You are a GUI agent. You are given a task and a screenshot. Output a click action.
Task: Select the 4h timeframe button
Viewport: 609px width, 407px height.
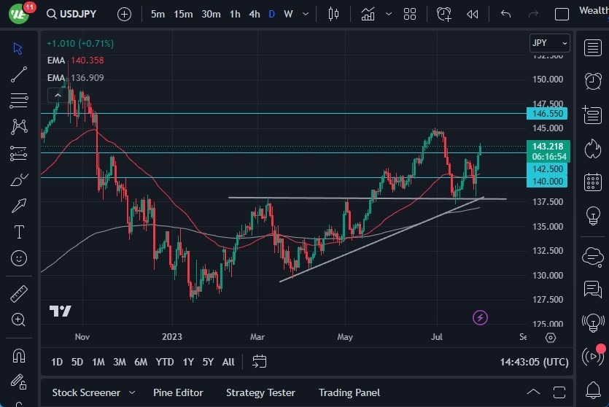pyautogui.click(x=254, y=14)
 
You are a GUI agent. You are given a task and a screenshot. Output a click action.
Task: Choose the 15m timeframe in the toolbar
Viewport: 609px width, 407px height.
pyautogui.click(x=183, y=14)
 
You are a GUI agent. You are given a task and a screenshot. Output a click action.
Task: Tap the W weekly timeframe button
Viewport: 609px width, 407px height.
pyautogui.click(x=288, y=14)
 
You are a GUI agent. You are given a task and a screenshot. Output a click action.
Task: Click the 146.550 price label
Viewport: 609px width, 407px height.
pyautogui.click(x=547, y=114)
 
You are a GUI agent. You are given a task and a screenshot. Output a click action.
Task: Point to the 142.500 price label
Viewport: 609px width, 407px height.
pyautogui.click(x=547, y=168)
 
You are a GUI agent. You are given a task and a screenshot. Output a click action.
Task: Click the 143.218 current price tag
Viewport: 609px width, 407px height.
pyautogui.click(x=547, y=147)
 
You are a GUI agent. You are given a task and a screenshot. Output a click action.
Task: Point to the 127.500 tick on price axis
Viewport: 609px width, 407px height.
pyautogui.click(x=547, y=300)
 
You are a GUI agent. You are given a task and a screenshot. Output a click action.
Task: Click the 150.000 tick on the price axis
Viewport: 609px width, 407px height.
pyautogui.click(x=547, y=80)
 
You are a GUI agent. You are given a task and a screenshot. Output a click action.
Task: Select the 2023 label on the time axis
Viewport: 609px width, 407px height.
pyautogui.click(x=172, y=337)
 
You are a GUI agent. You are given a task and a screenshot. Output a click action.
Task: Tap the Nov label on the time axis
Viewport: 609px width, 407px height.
pyautogui.click(x=82, y=337)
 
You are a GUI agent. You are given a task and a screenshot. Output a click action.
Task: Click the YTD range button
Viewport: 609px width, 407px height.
pyautogui.click(x=165, y=362)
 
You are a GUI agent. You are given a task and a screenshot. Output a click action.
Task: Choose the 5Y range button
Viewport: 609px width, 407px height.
pyautogui.click(x=208, y=362)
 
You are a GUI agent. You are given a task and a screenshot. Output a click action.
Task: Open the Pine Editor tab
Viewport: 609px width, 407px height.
pyautogui.click(x=179, y=392)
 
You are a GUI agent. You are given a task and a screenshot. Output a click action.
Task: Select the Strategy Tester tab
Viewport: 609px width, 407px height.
pyautogui.click(x=260, y=392)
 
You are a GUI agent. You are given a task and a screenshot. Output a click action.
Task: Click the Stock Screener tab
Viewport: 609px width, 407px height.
pyautogui.click(x=86, y=392)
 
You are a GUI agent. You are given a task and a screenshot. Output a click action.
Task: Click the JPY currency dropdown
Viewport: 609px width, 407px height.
pyautogui.click(x=548, y=43)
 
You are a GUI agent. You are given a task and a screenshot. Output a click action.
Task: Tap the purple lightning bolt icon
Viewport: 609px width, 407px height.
pyautogui.click(x=480, y=317)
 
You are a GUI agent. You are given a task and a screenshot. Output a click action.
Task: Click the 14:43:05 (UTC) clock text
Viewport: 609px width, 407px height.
pyautogui.click(x=535, y=362)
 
